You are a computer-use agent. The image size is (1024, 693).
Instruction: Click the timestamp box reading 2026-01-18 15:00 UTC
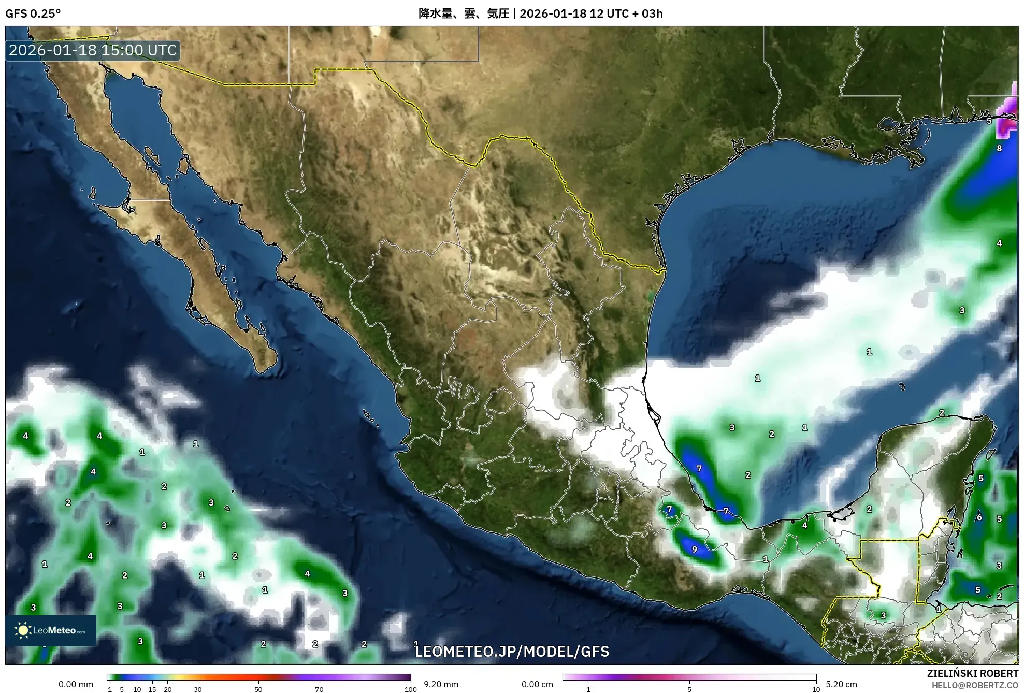pos(93,50)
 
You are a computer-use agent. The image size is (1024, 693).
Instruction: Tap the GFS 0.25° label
pos(33,13)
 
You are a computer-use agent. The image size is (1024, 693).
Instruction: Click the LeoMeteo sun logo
pos(23,630)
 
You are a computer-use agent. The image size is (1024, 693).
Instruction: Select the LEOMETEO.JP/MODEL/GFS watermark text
pos(512,651)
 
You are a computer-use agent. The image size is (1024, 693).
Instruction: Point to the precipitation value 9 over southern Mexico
pos(694,550)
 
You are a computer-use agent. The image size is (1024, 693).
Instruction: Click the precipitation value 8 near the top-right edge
pos(999,148)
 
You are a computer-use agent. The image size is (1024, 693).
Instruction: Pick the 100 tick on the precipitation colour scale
pos(411,689)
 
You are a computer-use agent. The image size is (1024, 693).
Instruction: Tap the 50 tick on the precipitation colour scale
pos(258,689)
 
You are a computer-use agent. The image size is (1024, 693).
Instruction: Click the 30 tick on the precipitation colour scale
pos(198,689)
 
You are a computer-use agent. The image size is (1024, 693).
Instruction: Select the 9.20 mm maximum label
pos(440,684)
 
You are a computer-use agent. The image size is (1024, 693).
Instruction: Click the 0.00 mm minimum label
pos(76,684)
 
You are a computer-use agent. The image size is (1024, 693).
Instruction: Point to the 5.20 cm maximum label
pos(841,684)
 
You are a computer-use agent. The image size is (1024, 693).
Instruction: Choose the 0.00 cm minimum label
pos(537,684)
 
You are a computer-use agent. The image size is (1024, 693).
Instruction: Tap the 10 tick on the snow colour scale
pos(816,689)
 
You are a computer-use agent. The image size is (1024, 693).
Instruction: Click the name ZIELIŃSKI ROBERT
pos(973,673)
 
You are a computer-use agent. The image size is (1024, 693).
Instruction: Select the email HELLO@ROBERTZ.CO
pos(975,685)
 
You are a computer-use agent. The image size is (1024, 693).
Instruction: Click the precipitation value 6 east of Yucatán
pos(979,517)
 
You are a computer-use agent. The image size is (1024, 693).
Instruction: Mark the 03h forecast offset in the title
pos(652,13)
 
